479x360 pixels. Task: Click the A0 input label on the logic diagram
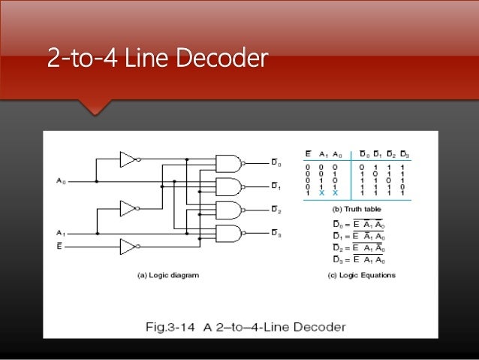(61, 181)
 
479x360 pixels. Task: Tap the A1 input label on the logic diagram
(61, 232)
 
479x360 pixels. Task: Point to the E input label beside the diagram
(60, 245)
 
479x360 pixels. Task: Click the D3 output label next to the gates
(276, 234)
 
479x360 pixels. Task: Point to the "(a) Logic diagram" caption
(168, 276)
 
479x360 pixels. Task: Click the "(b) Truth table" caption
(357, 208)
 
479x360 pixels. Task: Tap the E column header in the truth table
(306, 155)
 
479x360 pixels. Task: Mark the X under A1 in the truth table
(320, 193)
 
